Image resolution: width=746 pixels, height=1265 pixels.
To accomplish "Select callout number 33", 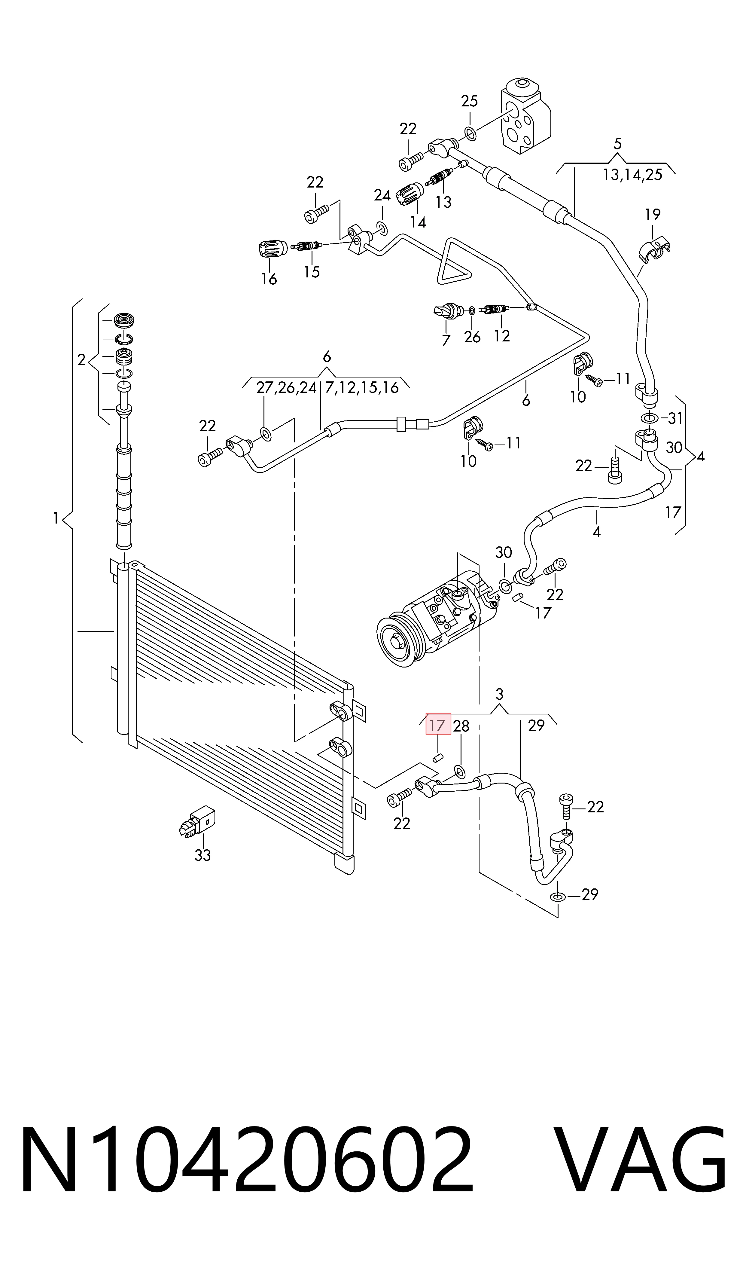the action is [x=202, y=855].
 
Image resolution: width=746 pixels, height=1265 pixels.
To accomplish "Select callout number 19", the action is [x=653, y=215].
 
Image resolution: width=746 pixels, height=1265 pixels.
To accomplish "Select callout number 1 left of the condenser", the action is [x=56, y=518].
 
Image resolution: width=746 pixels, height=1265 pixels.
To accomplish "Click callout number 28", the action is [x=461, y=726].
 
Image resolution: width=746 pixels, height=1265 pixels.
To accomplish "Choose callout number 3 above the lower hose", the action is [x=499, y=694].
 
